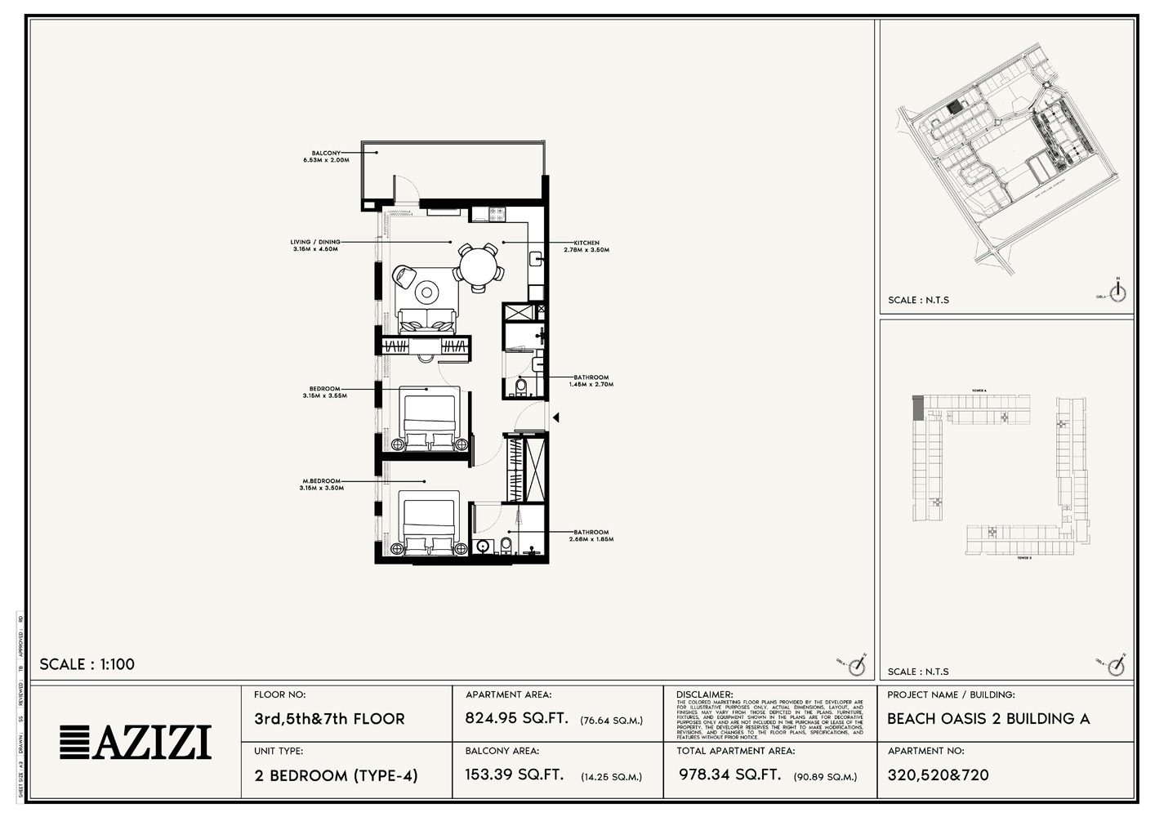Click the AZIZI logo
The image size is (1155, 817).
click(136, 742)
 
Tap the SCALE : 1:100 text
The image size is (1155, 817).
click(87, 664)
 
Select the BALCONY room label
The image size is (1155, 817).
click(326, 153)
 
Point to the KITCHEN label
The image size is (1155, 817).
click(586, 243)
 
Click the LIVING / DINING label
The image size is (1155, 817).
click(315, 242)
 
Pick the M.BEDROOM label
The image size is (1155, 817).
click(321, 481)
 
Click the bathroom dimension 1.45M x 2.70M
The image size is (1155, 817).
click(591, 384)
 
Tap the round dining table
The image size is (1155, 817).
click(478, 265)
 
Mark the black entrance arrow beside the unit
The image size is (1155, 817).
click(555, 417)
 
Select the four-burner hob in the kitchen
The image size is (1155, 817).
click(498, 215)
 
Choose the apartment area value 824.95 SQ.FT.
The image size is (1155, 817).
click(516, 719)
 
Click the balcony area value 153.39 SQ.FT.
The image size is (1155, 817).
click(515, 775)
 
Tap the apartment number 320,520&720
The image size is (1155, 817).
click(938, 775)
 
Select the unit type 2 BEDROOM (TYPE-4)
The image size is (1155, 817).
click(336, 775)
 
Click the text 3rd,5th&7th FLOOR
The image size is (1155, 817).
click(329, 719)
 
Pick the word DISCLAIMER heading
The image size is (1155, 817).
click(704, 694)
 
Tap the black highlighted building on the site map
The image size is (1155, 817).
click(953, 107)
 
